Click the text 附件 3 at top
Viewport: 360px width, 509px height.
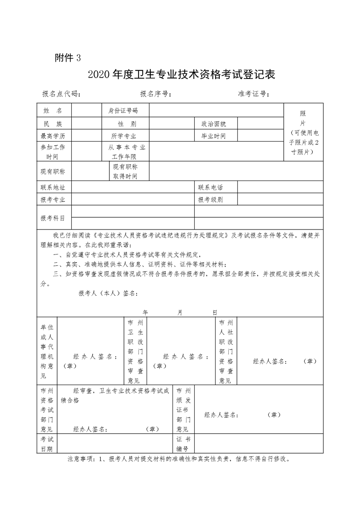[x=67, y=58]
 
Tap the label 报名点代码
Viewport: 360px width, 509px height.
[x=61, y=94]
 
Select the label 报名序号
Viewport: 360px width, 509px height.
[x=155, y=94]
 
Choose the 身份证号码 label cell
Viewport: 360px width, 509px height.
[x=123, y=111]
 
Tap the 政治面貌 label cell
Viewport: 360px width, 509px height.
[x=210, y=123]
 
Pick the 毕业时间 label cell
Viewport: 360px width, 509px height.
[x=210, y=136]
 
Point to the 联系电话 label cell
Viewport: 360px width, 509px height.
[x=210, y=187]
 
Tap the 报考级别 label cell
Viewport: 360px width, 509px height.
[x=210, y=200]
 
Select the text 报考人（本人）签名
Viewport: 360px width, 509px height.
[x=108, y=293]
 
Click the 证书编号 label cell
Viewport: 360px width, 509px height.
[x=185, y=444]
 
